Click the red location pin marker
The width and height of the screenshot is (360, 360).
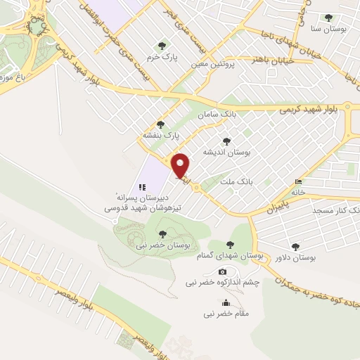click(181, 166)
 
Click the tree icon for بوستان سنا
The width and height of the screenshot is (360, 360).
click(328, 18)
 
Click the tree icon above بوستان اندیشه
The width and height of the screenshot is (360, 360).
click(226, 141)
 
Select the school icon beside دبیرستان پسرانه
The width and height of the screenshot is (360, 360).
click(141, 188)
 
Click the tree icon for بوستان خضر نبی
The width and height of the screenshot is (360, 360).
click(163, 234)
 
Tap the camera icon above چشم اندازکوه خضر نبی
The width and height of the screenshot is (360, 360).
click(223, 271)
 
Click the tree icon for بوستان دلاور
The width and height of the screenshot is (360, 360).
click(295, 247)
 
